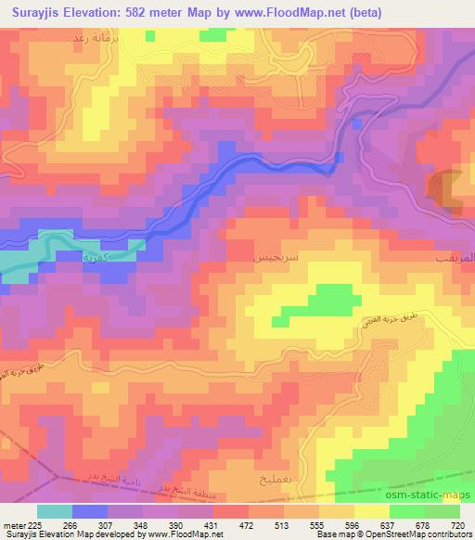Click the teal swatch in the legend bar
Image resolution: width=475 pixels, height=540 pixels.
[57, 510]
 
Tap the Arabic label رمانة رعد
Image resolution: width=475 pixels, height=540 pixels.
[94, 41]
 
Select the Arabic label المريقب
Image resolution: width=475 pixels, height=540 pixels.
[454, 251]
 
